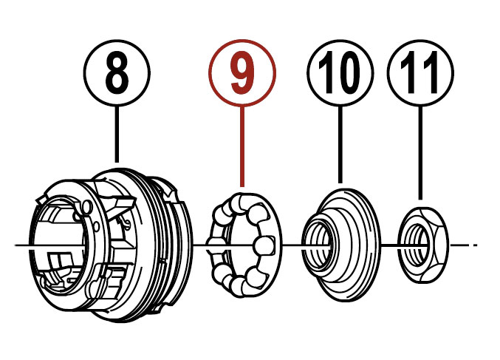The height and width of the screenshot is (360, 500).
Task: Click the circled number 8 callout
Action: click(117, 73)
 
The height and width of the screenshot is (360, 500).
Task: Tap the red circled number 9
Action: click(242, 73)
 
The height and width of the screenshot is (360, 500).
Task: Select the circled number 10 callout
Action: click(340, 73)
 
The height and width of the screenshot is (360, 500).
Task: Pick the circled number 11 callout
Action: click(420, 73)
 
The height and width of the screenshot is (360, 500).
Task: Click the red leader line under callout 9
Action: click(242, 146)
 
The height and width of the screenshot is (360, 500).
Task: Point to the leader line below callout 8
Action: click(117, 135)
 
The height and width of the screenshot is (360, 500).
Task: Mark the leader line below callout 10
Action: click(340, 145)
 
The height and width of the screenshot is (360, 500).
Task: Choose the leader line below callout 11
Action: click(420, 153)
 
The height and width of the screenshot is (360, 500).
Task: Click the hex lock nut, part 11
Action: click(423, 245)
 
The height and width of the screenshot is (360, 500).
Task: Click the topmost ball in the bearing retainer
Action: click(242, 201)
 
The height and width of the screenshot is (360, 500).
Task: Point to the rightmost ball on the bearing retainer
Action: click(264, 245)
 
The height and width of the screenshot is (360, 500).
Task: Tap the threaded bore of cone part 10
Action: click(319, 245)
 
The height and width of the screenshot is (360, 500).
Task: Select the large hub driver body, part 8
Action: click(110, 245)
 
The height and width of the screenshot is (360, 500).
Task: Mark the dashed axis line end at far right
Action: click(475, 245)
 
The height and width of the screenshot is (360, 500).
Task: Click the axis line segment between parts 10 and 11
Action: click(390, 245)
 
